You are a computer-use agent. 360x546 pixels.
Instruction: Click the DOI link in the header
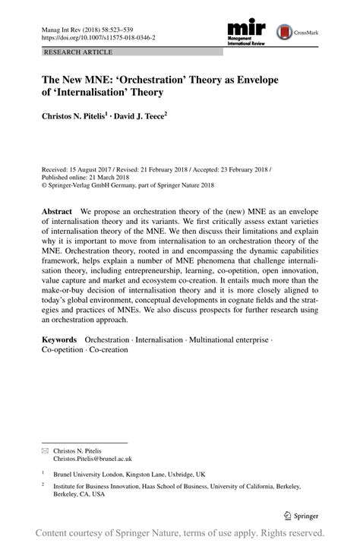pyautogui.click(x=96, y=36)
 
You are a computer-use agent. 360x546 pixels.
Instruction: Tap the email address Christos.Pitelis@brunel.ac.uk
pyautogui.click(x=92, y=459)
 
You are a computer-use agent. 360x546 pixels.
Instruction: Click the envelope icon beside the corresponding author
pyautogui.click(x=44, y=450)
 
